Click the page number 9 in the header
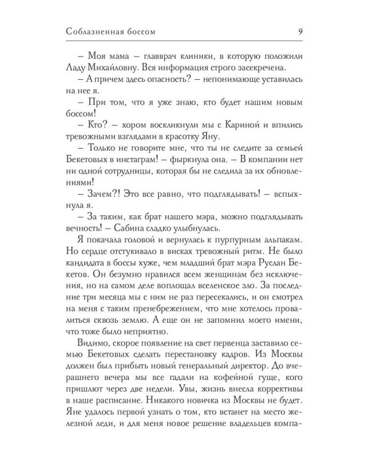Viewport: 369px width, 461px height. coord(298,31)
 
